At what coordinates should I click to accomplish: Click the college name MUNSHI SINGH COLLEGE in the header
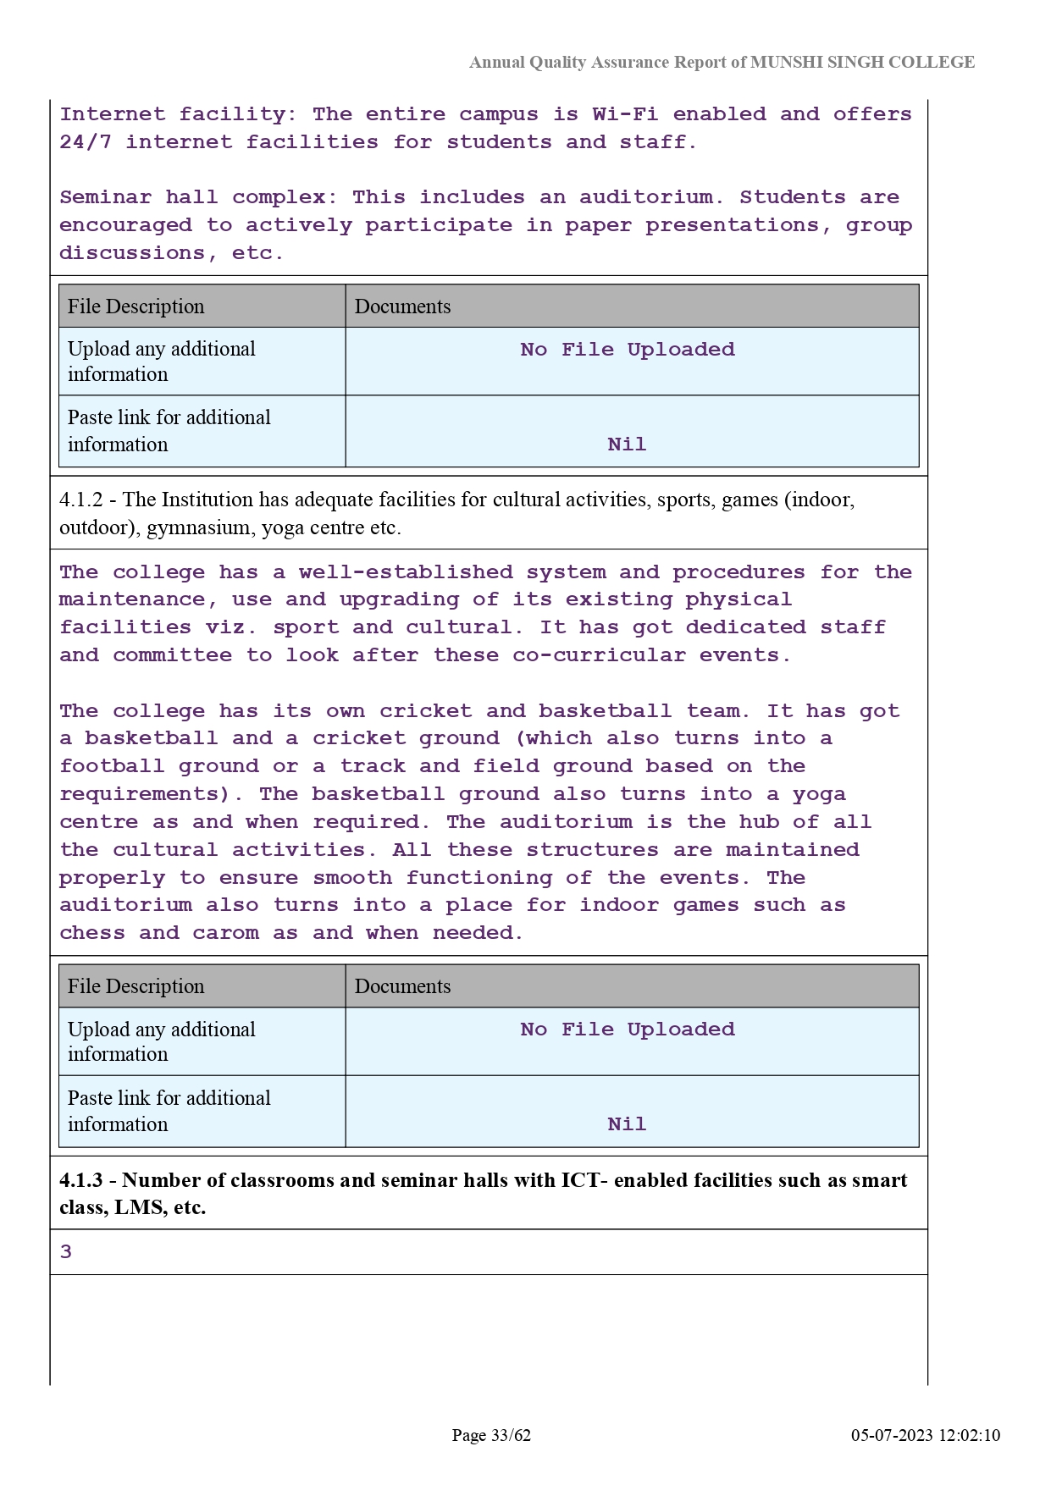coord(862,62)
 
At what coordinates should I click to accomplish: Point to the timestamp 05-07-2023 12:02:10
coord(925,1435)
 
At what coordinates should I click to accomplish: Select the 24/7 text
coord(86,142)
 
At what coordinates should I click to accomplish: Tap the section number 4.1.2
coord(80,500)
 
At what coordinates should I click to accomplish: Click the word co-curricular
coord(599,655)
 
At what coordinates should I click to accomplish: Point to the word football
coord(112,766)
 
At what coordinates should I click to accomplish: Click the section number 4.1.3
coord(80,1180)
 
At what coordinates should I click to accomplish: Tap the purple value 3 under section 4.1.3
coord(66,1252)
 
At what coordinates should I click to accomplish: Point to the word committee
coord(172,655)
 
